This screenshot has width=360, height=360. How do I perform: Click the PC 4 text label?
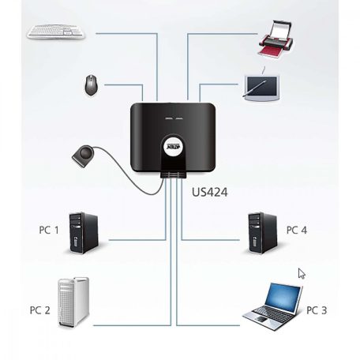pyautogui.click(x=297, y=230)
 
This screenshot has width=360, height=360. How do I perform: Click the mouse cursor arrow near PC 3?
pyautogui.click(x=302, y=274)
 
